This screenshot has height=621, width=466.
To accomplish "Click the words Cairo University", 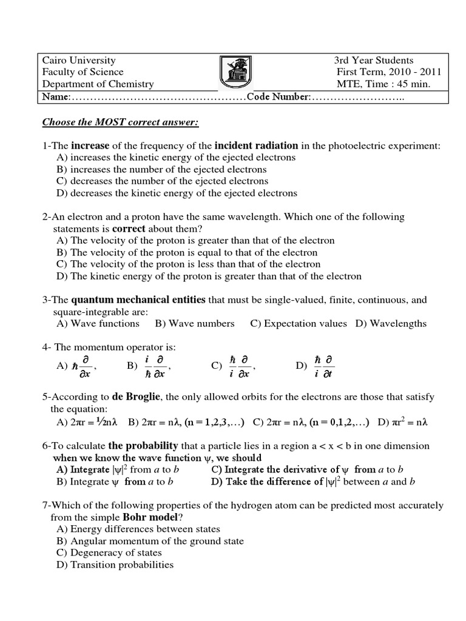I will (x=78, y=61).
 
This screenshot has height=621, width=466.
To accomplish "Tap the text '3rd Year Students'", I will (x=373, y=61).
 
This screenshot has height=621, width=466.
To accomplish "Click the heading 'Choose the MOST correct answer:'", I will (x=120, y=123).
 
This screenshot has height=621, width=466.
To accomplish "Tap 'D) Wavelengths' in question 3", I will (x=391, y=323).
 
